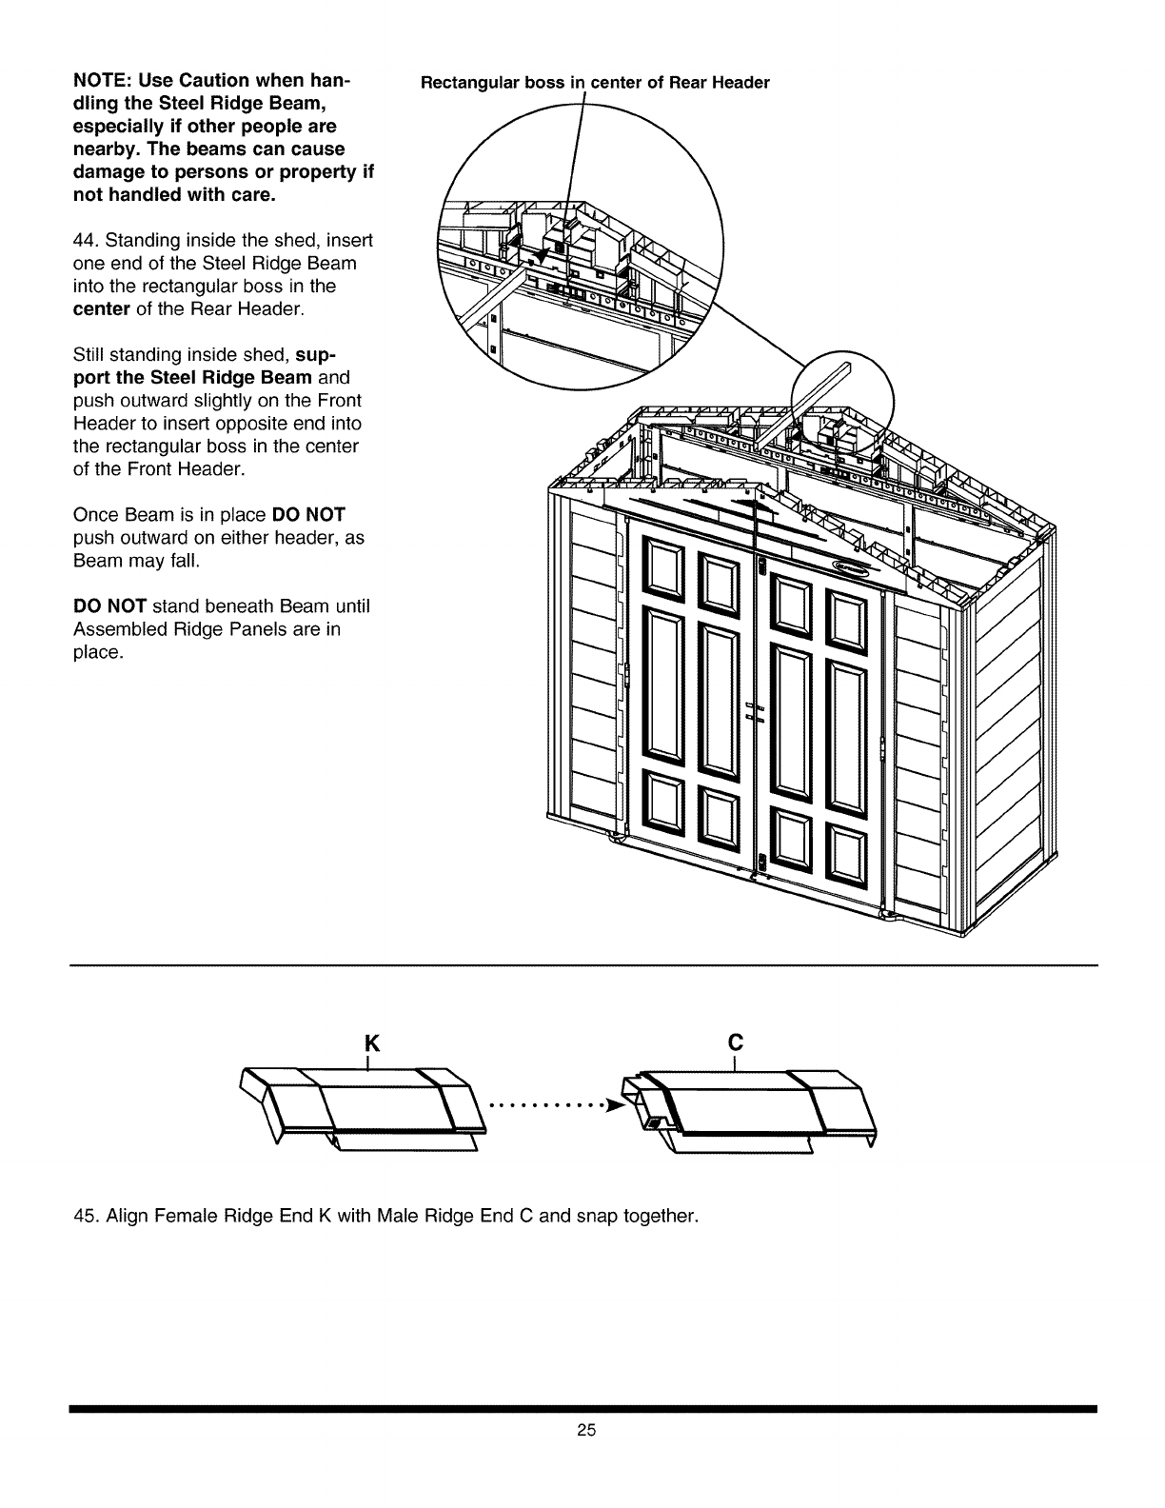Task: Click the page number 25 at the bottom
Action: click(585, 1456)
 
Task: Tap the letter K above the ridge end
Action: click(372, 1042)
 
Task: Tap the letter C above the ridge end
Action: click(734, 1042)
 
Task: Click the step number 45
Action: click(84, 1216)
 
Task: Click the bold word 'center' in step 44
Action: click(100, 309)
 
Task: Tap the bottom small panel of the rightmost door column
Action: click(844, 846)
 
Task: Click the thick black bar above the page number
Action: click(582, 1408)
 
